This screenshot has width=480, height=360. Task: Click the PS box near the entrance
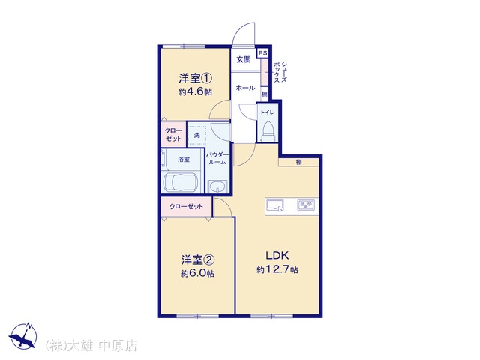point(262,53)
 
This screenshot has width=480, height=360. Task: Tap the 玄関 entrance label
point(243,60)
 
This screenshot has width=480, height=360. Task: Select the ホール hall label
point(245,88)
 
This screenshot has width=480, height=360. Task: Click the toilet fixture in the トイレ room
point(268,132)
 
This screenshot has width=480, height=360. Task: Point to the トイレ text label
point(268,112)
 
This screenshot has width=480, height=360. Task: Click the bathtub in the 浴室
point(181,183)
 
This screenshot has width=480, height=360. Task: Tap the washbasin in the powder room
point(217,187)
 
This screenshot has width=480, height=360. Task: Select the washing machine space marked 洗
point(196,135)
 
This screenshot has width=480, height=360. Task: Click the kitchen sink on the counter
point(275,205)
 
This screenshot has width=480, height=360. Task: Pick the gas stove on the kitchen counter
point(306,205)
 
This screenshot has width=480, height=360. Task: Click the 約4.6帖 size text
point(195,91)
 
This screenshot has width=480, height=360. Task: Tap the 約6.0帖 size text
point(197,273)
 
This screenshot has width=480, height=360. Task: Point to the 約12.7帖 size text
point(277,270)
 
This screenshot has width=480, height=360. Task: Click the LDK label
point(277,255)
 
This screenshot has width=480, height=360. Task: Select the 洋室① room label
point(195,79)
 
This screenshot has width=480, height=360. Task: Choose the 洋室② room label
point(198,260)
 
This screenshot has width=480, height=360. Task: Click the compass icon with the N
point(23,335)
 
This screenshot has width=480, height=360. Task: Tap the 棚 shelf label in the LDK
point(298,162)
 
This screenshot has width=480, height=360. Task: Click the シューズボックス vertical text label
point(280,72)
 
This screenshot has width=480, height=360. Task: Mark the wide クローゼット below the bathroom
point(186,207)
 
